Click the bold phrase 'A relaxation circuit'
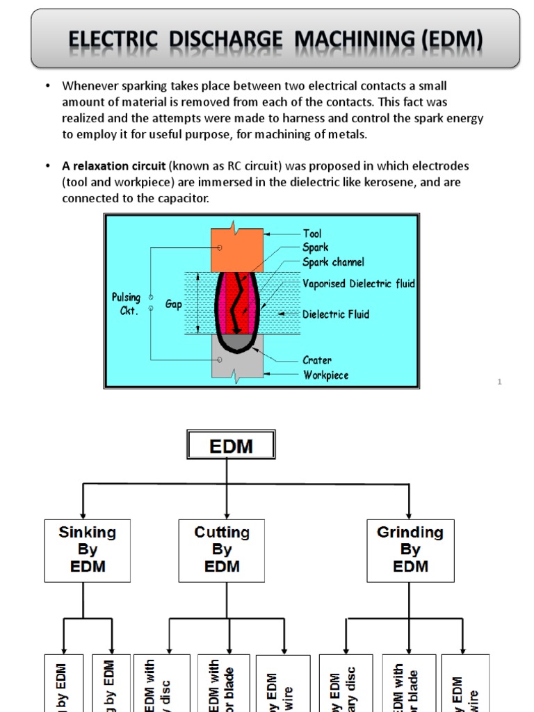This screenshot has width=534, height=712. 104,166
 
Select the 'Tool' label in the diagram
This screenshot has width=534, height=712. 312,234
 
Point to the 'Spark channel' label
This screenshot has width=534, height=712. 333,262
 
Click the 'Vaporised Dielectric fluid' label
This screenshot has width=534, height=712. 358,284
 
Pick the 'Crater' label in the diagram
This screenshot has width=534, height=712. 317,360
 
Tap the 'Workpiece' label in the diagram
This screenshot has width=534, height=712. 325,375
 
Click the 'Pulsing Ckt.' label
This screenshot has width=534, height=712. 126,303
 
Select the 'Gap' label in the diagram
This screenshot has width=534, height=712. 174,305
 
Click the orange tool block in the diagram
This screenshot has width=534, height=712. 237,249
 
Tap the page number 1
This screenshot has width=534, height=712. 499,382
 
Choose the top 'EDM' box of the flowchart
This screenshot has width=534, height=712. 231,445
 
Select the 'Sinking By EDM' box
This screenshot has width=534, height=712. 87,550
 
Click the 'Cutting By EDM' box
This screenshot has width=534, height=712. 221,550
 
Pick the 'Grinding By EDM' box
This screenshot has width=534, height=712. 410,550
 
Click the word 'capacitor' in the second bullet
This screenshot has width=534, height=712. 184,199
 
